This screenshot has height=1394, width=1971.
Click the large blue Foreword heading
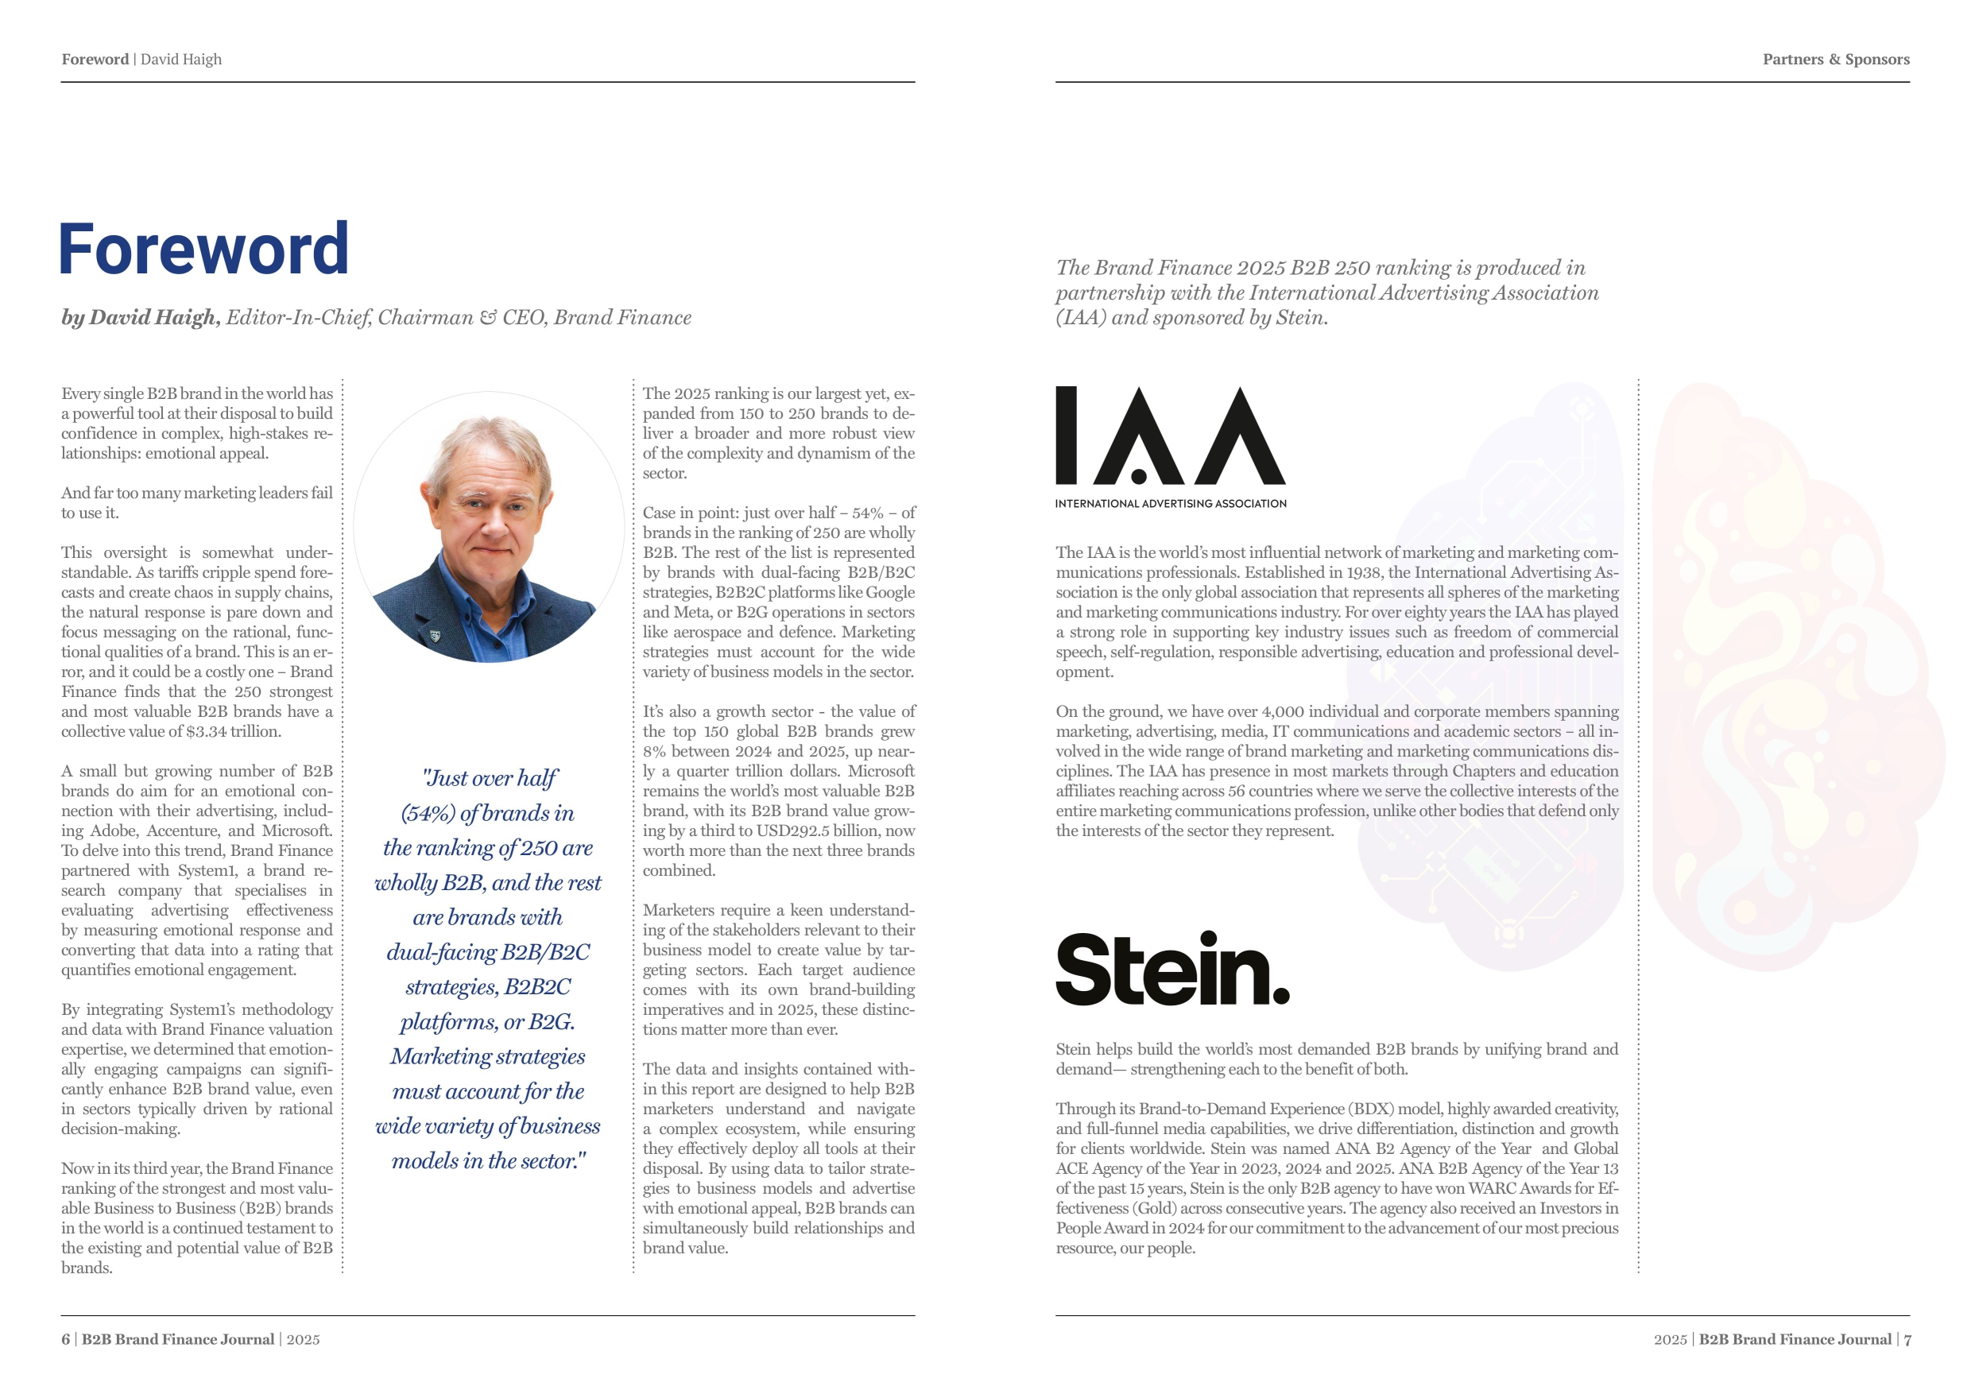pyautogui.click(x=203, y=249)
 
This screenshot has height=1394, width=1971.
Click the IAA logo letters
pyautogui.click(x=1170, y=436)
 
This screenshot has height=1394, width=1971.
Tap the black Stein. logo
pyautogui.click(x=1171, y=969)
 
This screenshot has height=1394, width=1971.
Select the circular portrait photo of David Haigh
pyautogui.click(x=489, y=527)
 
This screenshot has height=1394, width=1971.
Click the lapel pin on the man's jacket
pyautogui.click(x=435, y=636)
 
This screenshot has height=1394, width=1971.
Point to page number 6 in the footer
pyautogui.click(x=65, y=1339)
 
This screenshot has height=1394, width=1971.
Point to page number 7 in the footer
pyautogui.click(x=1907, y=1339)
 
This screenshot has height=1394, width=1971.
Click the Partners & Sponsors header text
pyautogui.click(x=1835, y=60)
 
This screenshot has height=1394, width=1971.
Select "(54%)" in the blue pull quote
pyautogui.click(x=428, y=813)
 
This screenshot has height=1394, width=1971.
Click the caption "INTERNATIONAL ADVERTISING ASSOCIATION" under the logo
pyautogui.click(x=1170, y=504)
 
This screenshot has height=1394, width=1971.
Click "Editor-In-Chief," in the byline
pyautogui.click(x=298, y=318)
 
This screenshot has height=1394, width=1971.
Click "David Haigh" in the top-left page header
pyautogui.click(x=181, y=60)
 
